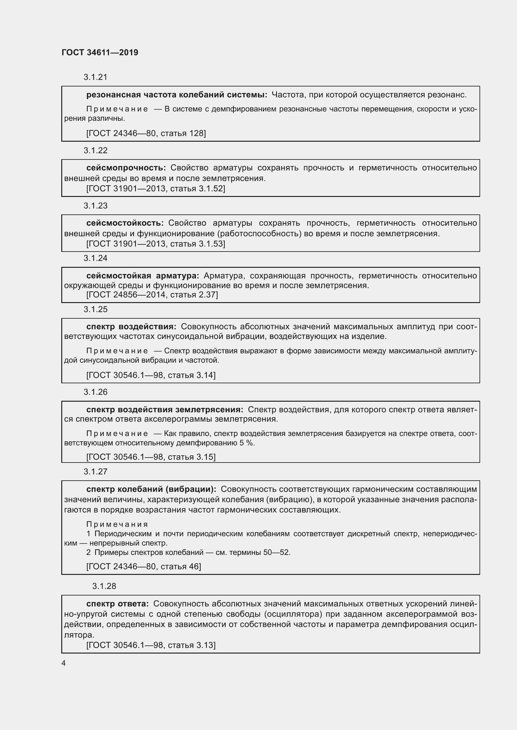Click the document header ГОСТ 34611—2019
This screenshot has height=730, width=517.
[x=100, y=52]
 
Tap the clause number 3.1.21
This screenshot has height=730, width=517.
[x=96, y=77]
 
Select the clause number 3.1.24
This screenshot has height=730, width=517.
[x=96, y=258]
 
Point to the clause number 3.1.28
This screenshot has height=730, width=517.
[x=104, y=586]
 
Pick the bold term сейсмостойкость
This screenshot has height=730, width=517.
[x=125, y=223]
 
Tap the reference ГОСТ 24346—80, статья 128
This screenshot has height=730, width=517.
[x=146, y=133]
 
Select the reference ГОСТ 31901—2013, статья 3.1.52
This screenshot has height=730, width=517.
[x=156, y=189]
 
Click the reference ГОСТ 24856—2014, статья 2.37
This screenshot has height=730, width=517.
[x=152, y=295]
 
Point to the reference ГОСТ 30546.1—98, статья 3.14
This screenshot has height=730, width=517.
[x=151, y=375]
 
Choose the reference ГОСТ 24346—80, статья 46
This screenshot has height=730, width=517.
[x=143, y=566]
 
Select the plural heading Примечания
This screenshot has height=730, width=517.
[x=117, y=524]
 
